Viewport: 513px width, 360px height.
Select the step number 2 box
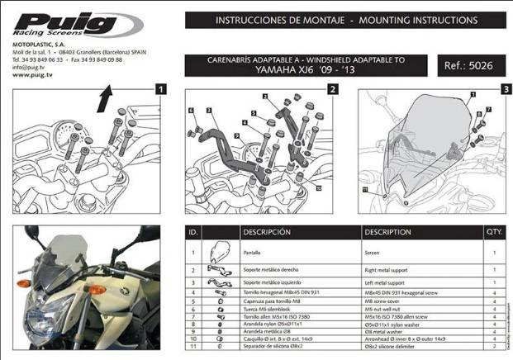click(332, 88)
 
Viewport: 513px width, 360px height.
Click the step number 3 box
click(505, 88)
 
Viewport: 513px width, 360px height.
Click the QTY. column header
click(494, 232)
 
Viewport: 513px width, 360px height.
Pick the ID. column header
click(192, 232)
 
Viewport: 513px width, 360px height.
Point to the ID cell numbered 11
click(192, 346)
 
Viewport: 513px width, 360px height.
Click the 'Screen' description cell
click(373, 249)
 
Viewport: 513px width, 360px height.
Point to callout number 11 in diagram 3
click(365, 191)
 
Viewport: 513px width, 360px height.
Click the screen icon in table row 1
click(220, 251)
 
